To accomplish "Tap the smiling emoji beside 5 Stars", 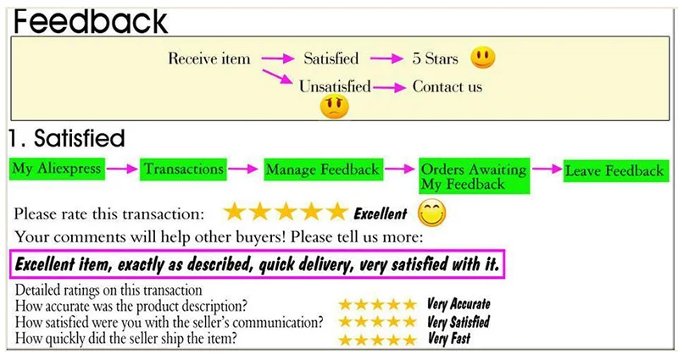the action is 483,58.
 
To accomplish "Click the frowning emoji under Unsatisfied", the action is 334,107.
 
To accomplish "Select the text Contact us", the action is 447,86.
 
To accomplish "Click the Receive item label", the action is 209,58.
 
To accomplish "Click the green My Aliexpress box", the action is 57,169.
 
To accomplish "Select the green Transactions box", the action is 183,169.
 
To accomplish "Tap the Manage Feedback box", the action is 323,170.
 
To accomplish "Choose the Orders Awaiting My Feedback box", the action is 474,176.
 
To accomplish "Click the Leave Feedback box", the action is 614,170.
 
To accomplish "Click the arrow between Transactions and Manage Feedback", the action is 243,169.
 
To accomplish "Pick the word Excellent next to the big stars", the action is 380,213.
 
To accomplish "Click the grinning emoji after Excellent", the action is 432,213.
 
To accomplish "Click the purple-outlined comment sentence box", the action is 258,263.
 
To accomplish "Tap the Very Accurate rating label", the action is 458,304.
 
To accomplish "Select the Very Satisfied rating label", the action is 458,322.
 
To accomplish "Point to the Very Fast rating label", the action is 450,340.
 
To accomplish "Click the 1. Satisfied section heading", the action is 68,138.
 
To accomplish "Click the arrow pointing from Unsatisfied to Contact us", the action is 391,86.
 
